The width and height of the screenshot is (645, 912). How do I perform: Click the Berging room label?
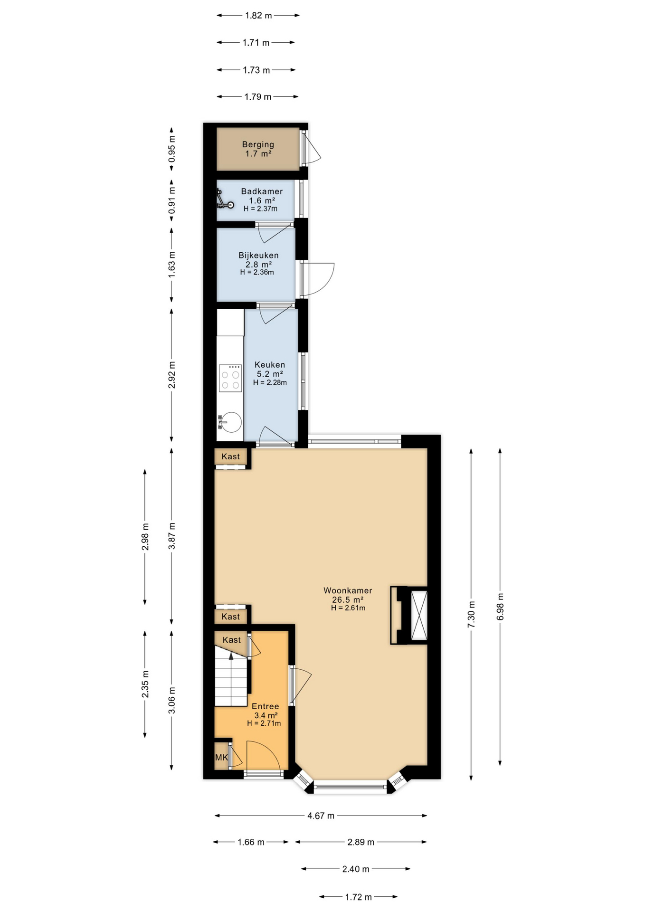[x=258, y=144]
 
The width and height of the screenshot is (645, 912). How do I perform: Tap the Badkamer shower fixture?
[x=225, y=199]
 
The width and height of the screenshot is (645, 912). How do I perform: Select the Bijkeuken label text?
[x=258, y=256]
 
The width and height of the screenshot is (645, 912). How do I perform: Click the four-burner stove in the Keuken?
[x=230, y=378]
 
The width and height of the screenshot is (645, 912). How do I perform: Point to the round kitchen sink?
[x=231, y=422]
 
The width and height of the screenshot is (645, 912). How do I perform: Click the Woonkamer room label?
[x=348, y=590]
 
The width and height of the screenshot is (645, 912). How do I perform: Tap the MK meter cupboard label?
[x=221, y=758]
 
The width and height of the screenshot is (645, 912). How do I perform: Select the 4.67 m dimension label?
[x=321, y=816]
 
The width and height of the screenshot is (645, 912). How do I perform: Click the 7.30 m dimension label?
[x=471, y=614]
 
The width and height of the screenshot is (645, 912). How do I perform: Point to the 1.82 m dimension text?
[x=258, y=16]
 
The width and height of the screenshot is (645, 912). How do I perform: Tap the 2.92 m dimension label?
[x=172, y=375]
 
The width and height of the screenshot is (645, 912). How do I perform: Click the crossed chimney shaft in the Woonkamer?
[x=419, y=616]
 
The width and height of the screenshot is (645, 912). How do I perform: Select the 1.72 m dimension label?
[x=358, y=897]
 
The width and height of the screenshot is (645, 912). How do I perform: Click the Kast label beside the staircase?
[x=232, y=640]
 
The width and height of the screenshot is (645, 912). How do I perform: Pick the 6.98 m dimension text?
[x=500, y=607]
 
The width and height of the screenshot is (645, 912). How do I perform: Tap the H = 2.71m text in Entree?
[x=264, y=723]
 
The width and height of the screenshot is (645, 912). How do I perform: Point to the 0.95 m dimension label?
[x=172, y=149]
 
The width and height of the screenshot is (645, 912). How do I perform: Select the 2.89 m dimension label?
[x=361, y=842]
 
